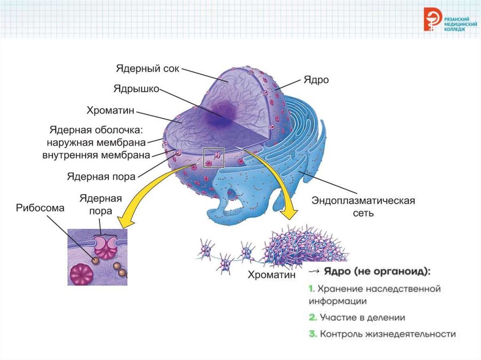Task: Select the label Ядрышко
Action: [137, 88]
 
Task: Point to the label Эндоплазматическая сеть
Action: [364, 207]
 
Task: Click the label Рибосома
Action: [39, 208]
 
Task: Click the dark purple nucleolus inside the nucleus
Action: [222, 113]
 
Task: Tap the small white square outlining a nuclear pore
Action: [214, 157]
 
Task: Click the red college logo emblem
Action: [431, 20]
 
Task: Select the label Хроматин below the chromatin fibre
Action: [272, 275]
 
